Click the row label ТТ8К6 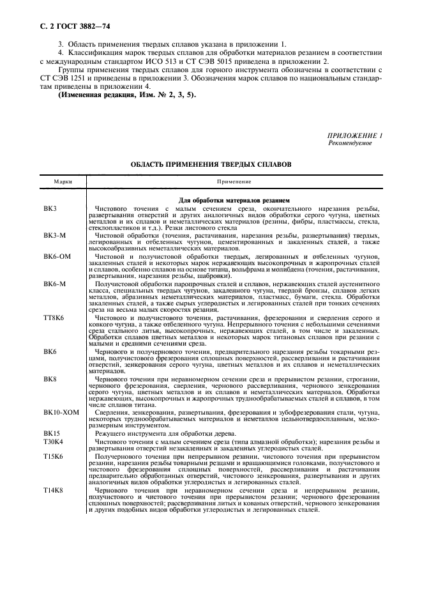(54, 317)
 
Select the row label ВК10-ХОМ (61, 413)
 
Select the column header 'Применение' (234, 182)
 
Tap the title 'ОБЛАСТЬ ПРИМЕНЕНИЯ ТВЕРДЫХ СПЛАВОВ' (211, 164)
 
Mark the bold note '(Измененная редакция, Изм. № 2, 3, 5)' (128, 95)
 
